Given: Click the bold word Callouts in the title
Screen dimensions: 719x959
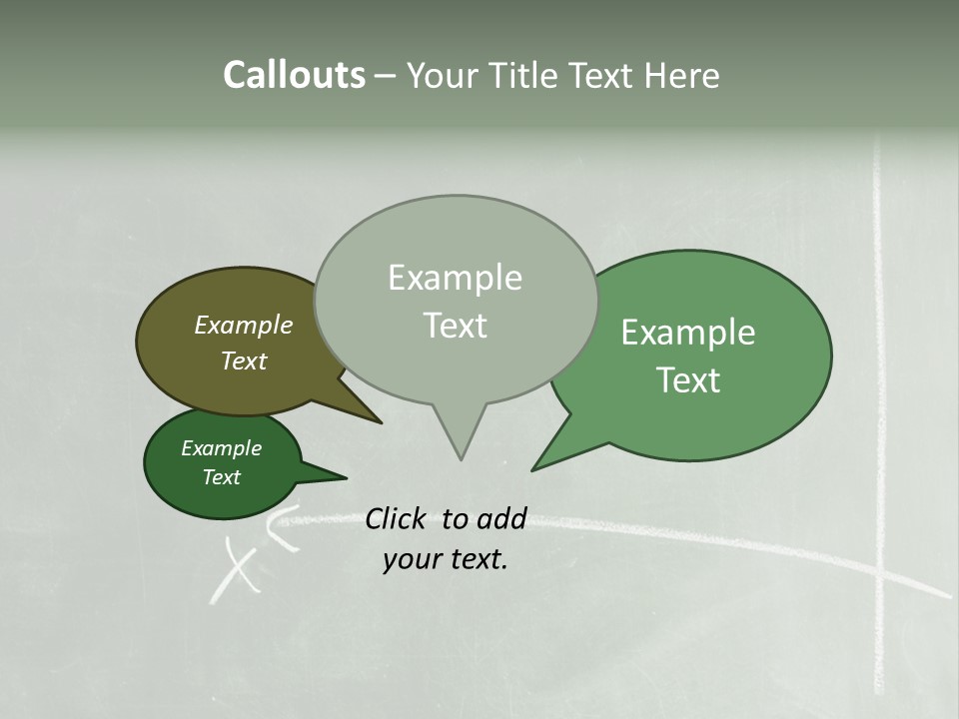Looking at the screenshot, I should coord(294,76).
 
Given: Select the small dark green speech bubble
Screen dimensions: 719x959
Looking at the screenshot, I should coord(200,489).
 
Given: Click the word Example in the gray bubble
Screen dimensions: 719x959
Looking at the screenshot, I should coord(455,278).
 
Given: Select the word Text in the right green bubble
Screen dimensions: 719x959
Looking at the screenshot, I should coord(688,380).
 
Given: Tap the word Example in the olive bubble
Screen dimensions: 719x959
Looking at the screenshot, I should coord(243,325).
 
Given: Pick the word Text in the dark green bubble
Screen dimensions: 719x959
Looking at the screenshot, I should coord(221,477).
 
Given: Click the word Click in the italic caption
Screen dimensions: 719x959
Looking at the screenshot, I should coord(397,518).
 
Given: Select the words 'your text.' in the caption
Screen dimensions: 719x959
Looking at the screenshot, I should coord(445,559).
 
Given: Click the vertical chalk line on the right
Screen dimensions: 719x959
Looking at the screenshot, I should coord(880,399).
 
